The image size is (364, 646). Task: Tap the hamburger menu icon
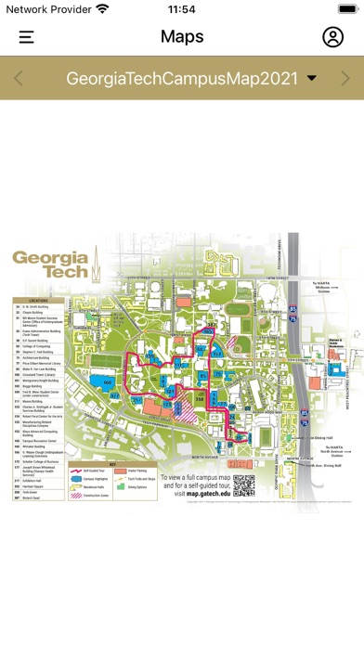[26, 37]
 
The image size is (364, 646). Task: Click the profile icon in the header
[332, 37]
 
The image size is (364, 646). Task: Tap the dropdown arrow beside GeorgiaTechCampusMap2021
[312, 79]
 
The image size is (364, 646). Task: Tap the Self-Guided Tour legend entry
[92, 472]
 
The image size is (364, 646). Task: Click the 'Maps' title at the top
[182, 37]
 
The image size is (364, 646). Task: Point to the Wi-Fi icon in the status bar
[102, 8]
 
